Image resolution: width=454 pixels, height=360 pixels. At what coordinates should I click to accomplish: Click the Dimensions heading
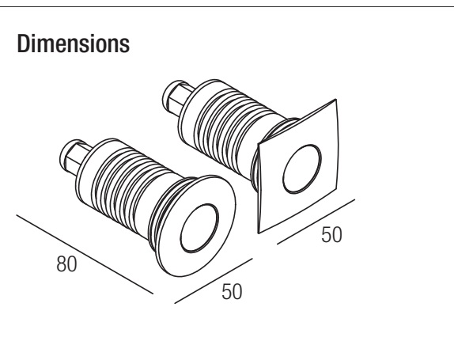click(74, 44)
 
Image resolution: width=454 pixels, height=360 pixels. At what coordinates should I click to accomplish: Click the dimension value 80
click(66, 263)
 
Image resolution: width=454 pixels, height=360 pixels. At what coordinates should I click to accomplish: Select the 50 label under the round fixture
click(232, 292)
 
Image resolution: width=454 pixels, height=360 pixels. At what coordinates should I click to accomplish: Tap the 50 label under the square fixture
click(331, 235)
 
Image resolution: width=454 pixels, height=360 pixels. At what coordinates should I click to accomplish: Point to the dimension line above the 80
click(85, 254)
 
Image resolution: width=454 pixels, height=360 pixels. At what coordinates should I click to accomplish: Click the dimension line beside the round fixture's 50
click(214, 281)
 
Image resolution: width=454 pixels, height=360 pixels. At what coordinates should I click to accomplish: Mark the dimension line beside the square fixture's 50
click(316, 222)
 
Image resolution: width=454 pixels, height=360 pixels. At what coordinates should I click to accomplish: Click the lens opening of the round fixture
click(199, 228)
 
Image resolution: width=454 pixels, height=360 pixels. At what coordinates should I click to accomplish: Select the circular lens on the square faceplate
click(302, 169)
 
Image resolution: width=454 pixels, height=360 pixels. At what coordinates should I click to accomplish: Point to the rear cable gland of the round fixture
click(73, 157)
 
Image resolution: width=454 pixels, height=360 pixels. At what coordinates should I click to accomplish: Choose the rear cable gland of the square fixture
click(176, 97)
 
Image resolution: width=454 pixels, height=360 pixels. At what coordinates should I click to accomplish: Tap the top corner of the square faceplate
click(336, 100)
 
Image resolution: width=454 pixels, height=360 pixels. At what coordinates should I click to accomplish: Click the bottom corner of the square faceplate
click(259, 233)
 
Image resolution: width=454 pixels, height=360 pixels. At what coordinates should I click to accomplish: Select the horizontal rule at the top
click(227, 6)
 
